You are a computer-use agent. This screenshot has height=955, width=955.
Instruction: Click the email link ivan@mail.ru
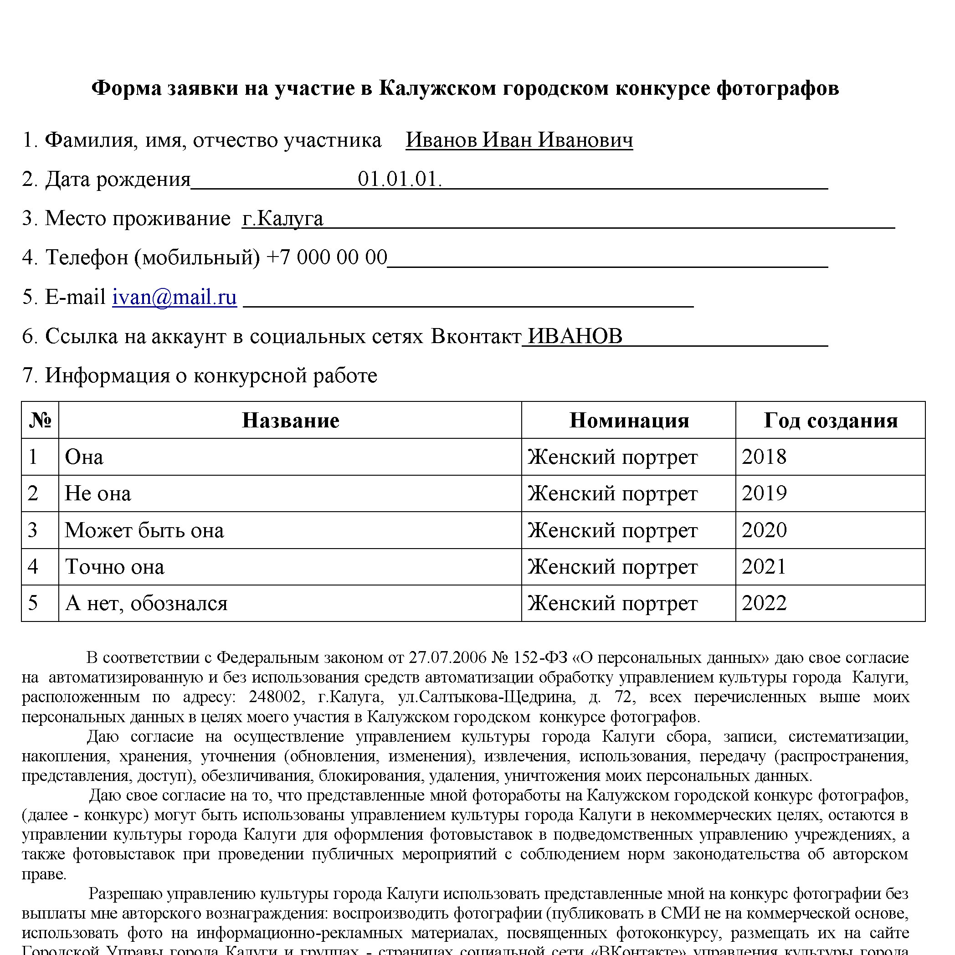coord(174,297)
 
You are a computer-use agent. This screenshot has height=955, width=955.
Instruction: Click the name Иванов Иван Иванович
coord(519,140)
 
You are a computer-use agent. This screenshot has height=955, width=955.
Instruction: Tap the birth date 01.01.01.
coord(400,179)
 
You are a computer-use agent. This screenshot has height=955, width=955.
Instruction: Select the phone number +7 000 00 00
coord(327,257)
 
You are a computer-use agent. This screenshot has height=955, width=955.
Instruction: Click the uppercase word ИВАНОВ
coord(575,336)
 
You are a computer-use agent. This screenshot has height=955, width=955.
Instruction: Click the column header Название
coord(290,420)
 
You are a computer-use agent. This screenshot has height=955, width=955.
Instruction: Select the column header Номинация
coord(629,420)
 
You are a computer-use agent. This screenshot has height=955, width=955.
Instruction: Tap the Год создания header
coord(831,420)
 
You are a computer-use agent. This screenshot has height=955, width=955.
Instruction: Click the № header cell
coord(40,420)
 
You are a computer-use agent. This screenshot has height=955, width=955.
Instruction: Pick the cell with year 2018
coord(764,457)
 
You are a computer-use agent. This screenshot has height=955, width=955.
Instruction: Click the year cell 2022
coord(764,603)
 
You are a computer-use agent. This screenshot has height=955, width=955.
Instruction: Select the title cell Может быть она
coord(144,530)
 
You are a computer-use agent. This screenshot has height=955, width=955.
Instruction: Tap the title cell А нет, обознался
coord(146,603)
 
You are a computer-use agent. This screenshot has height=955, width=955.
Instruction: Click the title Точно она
coord(114,566)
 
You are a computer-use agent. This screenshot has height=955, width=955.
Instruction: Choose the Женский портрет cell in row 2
coord(612,493)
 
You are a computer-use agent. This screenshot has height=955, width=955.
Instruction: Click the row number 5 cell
coord(33,603)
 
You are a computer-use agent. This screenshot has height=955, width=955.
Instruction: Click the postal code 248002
coord(274,697)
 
